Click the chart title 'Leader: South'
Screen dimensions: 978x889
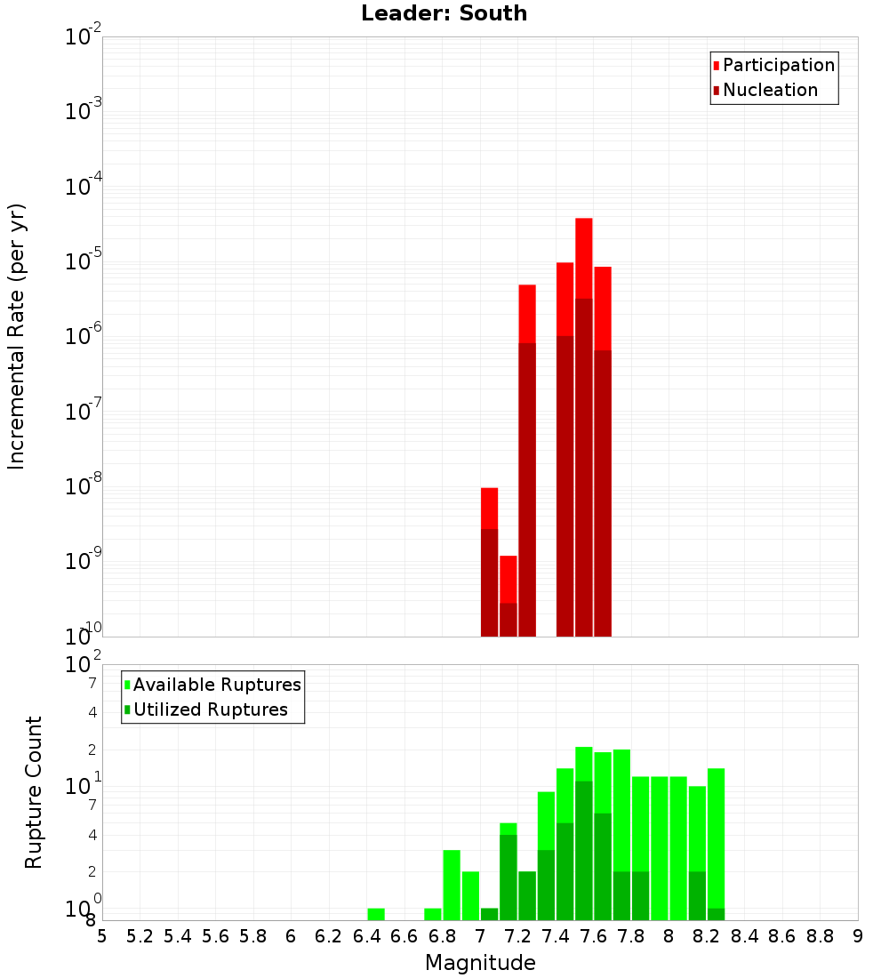pos(444,13)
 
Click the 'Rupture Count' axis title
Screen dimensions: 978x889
pos(34,792)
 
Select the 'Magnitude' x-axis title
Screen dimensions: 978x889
pos(480,963)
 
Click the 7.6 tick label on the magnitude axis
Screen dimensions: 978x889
pos(594,935)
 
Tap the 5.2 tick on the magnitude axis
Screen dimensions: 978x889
pos(140,935)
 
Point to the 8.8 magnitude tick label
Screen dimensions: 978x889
pos(820,935)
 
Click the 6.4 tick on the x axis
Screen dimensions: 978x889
pos(367,935)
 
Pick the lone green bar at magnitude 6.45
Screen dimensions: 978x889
pos(376,914)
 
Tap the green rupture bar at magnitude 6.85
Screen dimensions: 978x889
pos(452,885)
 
